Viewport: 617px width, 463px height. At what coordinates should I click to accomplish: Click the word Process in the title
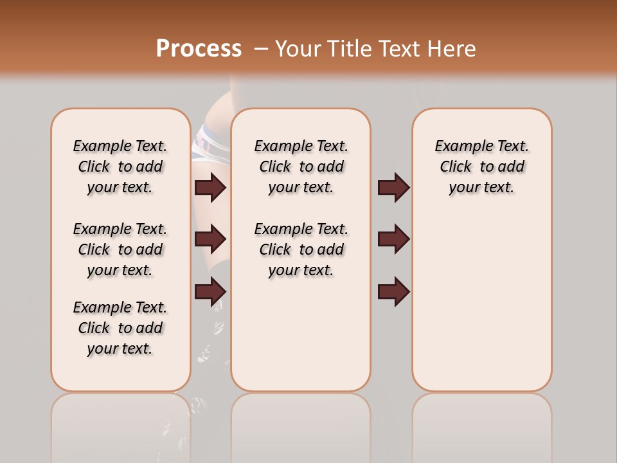[x=199, y=49]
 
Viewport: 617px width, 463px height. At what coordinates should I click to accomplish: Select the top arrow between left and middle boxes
[x=210, y=187]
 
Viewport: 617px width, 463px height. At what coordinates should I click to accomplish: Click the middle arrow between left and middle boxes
[x=210, y=239]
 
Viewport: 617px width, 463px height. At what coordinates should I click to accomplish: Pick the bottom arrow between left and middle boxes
[x=210, y=291]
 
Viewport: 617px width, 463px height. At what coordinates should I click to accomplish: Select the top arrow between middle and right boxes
[x=393, y=187]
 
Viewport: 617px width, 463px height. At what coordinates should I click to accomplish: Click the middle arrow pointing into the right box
[x=393, y=239]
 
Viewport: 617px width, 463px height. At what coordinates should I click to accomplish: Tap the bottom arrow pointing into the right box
[x=393, y=291]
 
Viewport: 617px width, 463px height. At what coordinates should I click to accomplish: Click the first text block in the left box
[x=120, y=167]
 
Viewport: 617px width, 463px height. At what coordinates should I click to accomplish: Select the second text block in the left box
[x=120, y=250]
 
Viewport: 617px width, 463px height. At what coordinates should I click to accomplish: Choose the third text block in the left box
[x=120, y=328]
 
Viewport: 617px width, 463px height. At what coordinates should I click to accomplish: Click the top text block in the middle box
[x=301, y=167]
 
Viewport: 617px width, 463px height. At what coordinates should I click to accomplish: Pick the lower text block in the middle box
[x=301, y=250]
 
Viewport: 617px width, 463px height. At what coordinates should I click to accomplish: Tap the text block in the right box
[x=481, y=167]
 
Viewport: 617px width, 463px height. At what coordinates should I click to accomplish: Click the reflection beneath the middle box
[x=301, y=424]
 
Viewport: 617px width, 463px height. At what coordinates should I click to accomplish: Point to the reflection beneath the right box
[x=481, y=424]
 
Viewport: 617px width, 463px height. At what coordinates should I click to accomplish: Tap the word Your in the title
[x=298, y=49]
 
